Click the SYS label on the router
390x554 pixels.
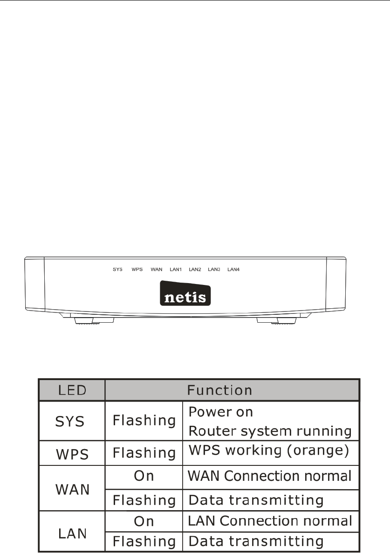118,270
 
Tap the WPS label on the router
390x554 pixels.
137,270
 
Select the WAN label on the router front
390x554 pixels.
157,270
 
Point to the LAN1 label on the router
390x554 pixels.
176,270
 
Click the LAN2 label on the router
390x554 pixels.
195,270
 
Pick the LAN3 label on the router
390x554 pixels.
214,270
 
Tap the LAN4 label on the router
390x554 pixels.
233,270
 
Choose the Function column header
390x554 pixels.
219,389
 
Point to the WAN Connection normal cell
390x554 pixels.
269,476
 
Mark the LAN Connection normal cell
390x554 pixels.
269,520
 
